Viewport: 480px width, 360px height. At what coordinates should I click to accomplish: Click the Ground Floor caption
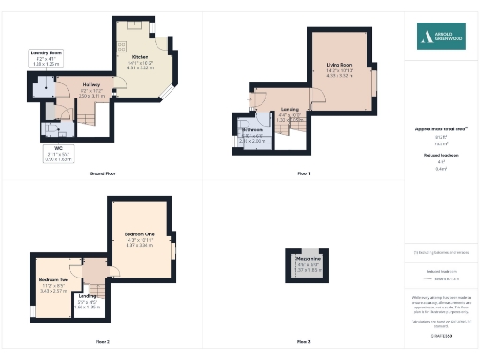[x=102, y=174]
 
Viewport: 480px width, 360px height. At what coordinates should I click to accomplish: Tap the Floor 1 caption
[x=303, y=174]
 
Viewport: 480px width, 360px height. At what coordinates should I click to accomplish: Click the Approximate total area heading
[x=440, y=128]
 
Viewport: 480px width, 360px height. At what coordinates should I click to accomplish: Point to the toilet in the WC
[x=49, y=128]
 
